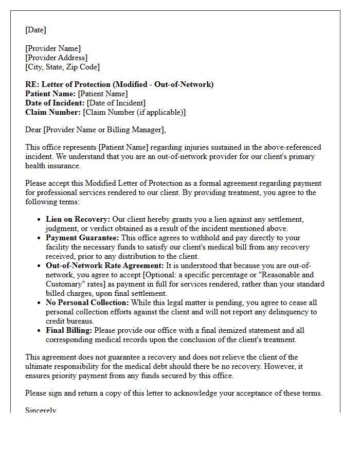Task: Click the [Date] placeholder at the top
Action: (35, 30)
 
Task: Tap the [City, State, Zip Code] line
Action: (62, 67)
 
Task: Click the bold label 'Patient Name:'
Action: (50, 94)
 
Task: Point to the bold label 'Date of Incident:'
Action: (55, 103)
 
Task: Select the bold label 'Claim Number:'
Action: (53, 112)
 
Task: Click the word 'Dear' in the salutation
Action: (33, 130)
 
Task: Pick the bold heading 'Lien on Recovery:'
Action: (78, 219)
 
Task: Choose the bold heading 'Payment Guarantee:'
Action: (82, 238)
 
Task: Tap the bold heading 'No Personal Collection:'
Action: (87, 302)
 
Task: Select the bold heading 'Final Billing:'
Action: (69, 330)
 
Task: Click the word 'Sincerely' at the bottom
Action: (41, 410)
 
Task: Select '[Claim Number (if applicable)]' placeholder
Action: (134, 112)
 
